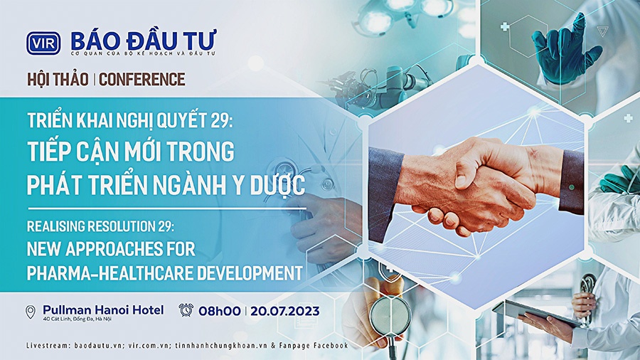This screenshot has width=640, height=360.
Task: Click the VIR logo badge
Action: click(x=43, y=43)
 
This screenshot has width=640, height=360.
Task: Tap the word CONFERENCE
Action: click(x=142, y=79)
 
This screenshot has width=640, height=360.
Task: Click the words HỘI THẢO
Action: click(x=58, y=79)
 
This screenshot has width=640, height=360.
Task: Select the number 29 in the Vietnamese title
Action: click(x=221, y=120)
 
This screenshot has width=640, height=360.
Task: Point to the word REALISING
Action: click(x=56, y=226)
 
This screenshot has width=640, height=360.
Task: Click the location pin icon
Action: click(x=30, y=312)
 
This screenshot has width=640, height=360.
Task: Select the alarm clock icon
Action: click(x=186, y=309)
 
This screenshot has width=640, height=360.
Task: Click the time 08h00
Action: click(x=220, y=311)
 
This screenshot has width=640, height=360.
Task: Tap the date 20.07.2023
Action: click(x=285, y=311)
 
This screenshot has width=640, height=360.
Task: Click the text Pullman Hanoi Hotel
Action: click(x=103, y=309)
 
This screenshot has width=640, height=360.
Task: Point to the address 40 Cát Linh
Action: click(x=57, y=319)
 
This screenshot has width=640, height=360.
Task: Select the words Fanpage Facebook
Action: click(x=314, y=346)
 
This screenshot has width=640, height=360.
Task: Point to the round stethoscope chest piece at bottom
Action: click(x=390, y=315)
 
